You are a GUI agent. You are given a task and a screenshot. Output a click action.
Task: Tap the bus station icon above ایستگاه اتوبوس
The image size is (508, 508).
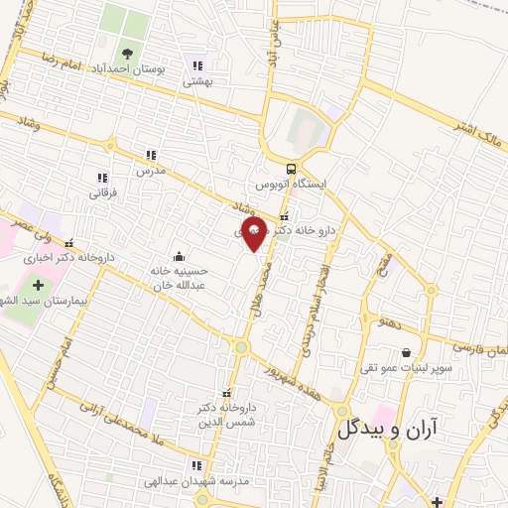click(291, 168)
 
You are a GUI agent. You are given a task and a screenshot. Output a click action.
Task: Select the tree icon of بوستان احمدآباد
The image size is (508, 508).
click(126, 54)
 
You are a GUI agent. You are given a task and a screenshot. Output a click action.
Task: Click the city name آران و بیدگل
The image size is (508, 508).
click(395, 429)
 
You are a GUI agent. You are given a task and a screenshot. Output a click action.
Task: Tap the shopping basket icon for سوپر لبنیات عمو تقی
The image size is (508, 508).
click(406, 352)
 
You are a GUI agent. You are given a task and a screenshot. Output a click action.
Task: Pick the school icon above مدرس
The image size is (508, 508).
click(150, 155)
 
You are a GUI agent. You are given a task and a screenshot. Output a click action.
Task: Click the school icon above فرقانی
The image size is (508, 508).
click(103, 178)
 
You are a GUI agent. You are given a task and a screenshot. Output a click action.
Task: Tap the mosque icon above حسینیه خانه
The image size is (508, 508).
click(178, 255)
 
